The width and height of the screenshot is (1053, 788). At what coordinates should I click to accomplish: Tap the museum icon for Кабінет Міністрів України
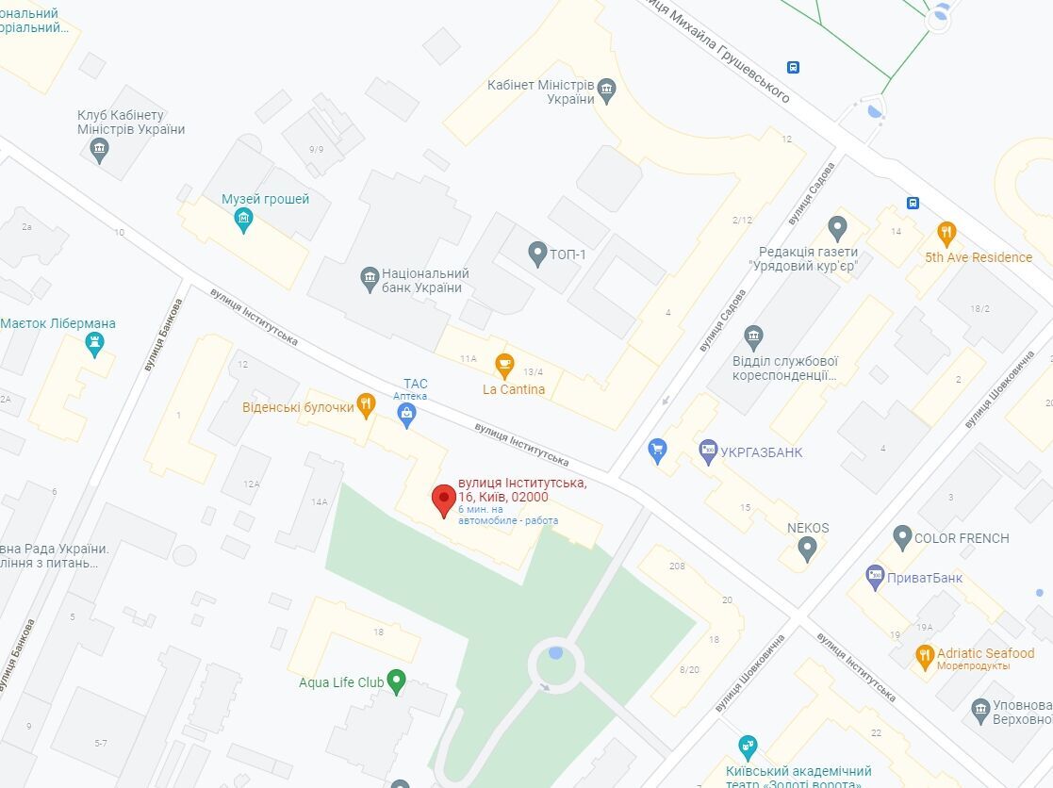(607, 90)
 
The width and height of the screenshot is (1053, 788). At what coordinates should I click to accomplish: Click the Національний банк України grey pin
(370, 278)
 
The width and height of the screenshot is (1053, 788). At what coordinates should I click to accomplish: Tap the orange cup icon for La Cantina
(505, 364)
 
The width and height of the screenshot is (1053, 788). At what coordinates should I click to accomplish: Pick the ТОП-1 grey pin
(537, 253)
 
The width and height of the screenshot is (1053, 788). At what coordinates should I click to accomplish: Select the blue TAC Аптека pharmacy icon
(407, 415)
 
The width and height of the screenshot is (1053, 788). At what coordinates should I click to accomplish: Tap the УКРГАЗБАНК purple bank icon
(709, 451)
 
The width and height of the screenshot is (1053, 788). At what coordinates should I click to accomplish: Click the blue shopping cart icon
(659, 451)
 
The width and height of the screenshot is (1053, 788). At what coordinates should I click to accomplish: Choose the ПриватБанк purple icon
(875, 577)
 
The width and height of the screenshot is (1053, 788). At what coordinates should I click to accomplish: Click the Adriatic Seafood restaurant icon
(925, 655)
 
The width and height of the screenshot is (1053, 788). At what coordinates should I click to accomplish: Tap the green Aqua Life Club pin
(396, 681)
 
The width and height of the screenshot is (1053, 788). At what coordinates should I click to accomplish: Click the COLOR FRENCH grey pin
(902, 538)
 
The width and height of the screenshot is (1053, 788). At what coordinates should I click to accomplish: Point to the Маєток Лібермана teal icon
(94, 346)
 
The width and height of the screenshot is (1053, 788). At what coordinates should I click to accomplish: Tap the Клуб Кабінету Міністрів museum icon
(99, 150)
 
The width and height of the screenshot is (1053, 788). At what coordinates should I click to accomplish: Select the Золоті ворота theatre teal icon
(748, 747)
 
